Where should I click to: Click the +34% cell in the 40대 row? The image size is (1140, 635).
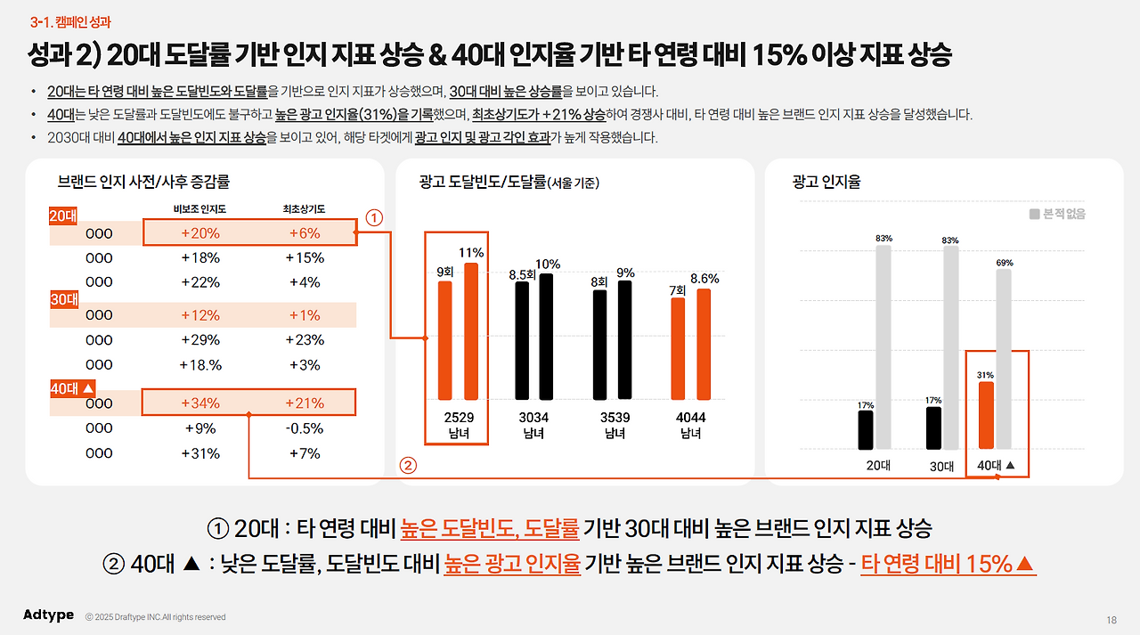coord(200,403)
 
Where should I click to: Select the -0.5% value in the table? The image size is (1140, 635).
coord(305,427)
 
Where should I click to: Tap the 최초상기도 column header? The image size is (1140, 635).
coord(304,209)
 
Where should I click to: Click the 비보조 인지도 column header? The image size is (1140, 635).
coord(199,209)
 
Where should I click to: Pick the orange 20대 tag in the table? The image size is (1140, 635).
coord(63,216)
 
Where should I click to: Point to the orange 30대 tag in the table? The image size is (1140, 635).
coord(63,300)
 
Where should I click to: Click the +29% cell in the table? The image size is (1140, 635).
coord(200,339)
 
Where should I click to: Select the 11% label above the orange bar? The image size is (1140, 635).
coord(471,253)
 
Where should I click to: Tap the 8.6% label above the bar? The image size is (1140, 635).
coord(704,279)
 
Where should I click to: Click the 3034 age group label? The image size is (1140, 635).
coord(534,417)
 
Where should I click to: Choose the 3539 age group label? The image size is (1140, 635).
coord(615,417)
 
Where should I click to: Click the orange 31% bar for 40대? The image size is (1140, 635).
coord(986,415)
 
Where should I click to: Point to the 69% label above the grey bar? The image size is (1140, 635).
coord(1004,263)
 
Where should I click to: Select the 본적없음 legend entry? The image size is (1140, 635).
coord(1057,214)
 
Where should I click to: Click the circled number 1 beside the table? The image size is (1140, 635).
coord(375,216)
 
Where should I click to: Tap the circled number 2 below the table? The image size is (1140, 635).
coord(407,464)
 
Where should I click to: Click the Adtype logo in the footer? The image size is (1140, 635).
coord(48,615)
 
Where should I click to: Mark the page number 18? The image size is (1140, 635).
coord(1111,620)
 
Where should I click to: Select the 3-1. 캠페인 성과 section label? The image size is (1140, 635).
coord(70,21)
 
